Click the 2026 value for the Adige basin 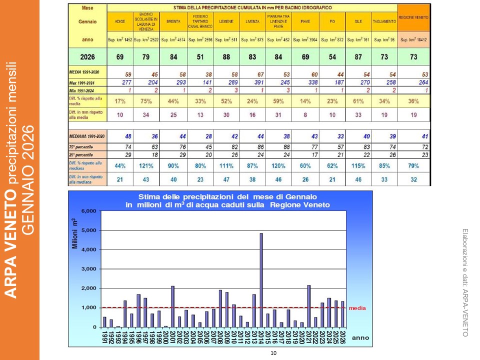120,57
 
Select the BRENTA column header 173,22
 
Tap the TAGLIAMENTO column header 384,22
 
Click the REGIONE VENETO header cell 413,17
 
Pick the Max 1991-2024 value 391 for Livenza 252,82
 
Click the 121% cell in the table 146,165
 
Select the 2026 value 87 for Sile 358,57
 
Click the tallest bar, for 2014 261,280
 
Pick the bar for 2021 309,305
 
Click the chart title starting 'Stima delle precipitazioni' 220,200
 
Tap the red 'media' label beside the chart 357,308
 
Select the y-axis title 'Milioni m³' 74,234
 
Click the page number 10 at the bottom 273,353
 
